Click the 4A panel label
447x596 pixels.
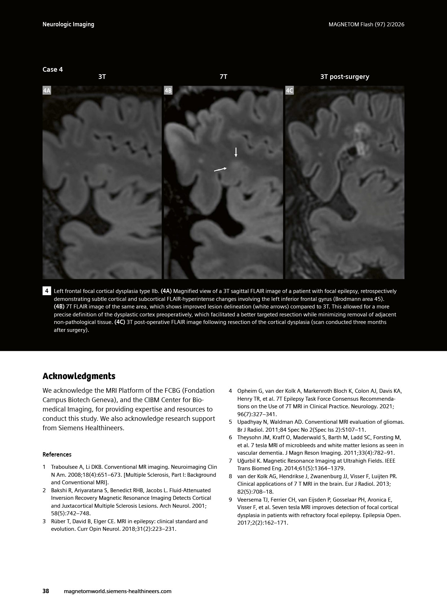tap(47, 90)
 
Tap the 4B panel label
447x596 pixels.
tap(168, 90)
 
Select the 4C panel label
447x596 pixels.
tap(289, 90)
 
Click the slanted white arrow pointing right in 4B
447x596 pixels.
tap(220, 169)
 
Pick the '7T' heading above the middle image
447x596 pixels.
tap(223, 77)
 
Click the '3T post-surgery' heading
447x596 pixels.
tap(345, 77)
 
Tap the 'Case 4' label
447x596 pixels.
tap(53, 70)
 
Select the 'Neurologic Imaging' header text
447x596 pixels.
tap(68, 25)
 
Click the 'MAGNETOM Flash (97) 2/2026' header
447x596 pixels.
tap(366, 25)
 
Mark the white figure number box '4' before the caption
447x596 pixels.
tap(47, 291)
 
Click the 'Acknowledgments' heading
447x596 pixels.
tap(79, 376)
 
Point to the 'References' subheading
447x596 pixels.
tap(57, 454)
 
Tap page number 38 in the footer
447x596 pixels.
tap(46, 591)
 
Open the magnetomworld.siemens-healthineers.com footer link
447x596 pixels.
tap(117, 591)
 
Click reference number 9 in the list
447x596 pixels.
tap(230, 499)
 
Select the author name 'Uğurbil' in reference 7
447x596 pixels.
tap(247, 461)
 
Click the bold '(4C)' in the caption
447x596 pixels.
tap(120, 322)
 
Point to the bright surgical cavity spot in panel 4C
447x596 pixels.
tap(360, 147)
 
